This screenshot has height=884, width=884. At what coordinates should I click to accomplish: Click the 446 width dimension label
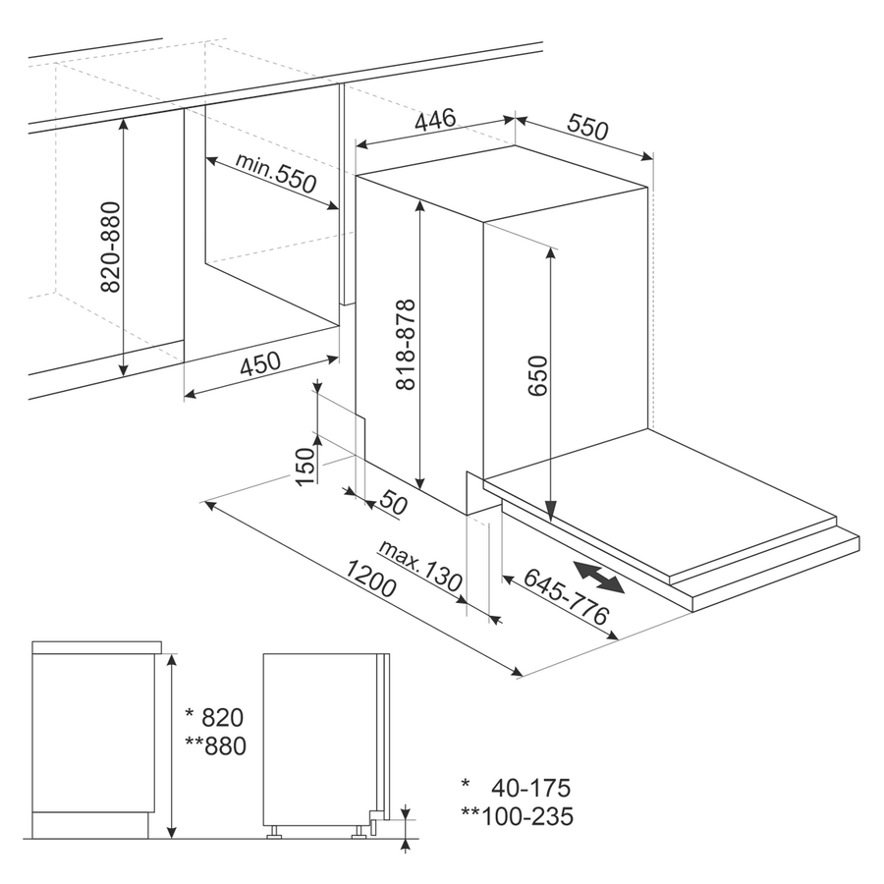point(435,119)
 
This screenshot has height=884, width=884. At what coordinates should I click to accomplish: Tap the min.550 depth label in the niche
point(276,172)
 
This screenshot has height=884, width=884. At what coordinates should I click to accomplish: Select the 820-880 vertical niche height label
point(110,247)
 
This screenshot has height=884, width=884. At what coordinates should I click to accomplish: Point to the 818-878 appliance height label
point(406,344)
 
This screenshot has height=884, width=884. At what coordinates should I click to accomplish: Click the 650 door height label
point(538,375)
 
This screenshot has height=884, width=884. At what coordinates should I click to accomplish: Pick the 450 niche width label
point(260,363)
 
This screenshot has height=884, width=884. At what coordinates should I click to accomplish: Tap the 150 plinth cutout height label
point(304,467)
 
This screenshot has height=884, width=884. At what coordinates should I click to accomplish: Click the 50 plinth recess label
point(394,501)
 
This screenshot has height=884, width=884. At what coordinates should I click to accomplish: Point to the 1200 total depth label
point(370,579)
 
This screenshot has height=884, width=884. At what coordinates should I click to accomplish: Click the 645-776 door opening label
point(566,596)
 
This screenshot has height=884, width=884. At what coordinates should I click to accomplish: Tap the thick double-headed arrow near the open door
point(599,577)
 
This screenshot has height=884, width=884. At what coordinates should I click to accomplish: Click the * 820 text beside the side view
point(215,718)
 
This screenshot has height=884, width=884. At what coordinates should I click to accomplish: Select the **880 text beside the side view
point(216,746)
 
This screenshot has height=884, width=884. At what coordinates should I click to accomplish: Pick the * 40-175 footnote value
point(516,788)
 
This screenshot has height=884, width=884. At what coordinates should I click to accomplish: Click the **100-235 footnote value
point(517,816)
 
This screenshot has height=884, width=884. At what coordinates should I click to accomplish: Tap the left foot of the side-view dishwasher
point(275,833)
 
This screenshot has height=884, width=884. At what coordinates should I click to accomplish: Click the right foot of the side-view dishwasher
point(359,833)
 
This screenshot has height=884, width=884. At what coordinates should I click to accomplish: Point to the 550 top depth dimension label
point(588,127)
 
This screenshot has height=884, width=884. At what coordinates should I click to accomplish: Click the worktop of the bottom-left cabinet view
point(97,647)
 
